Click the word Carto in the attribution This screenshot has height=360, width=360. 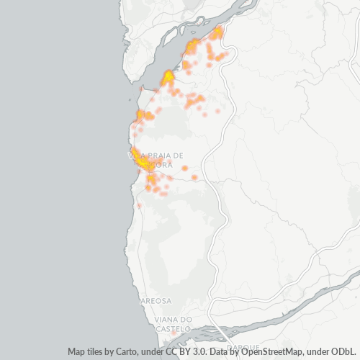tap(120, 351)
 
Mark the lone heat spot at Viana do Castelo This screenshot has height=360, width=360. tap(173, 334)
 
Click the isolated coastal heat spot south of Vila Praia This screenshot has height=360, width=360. tap(139, 206)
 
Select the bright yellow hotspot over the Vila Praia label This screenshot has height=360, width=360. tap(145, 165)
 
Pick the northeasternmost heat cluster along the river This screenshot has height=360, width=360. tap(217, 33)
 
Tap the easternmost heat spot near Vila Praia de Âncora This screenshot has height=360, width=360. tap(194, 177)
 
